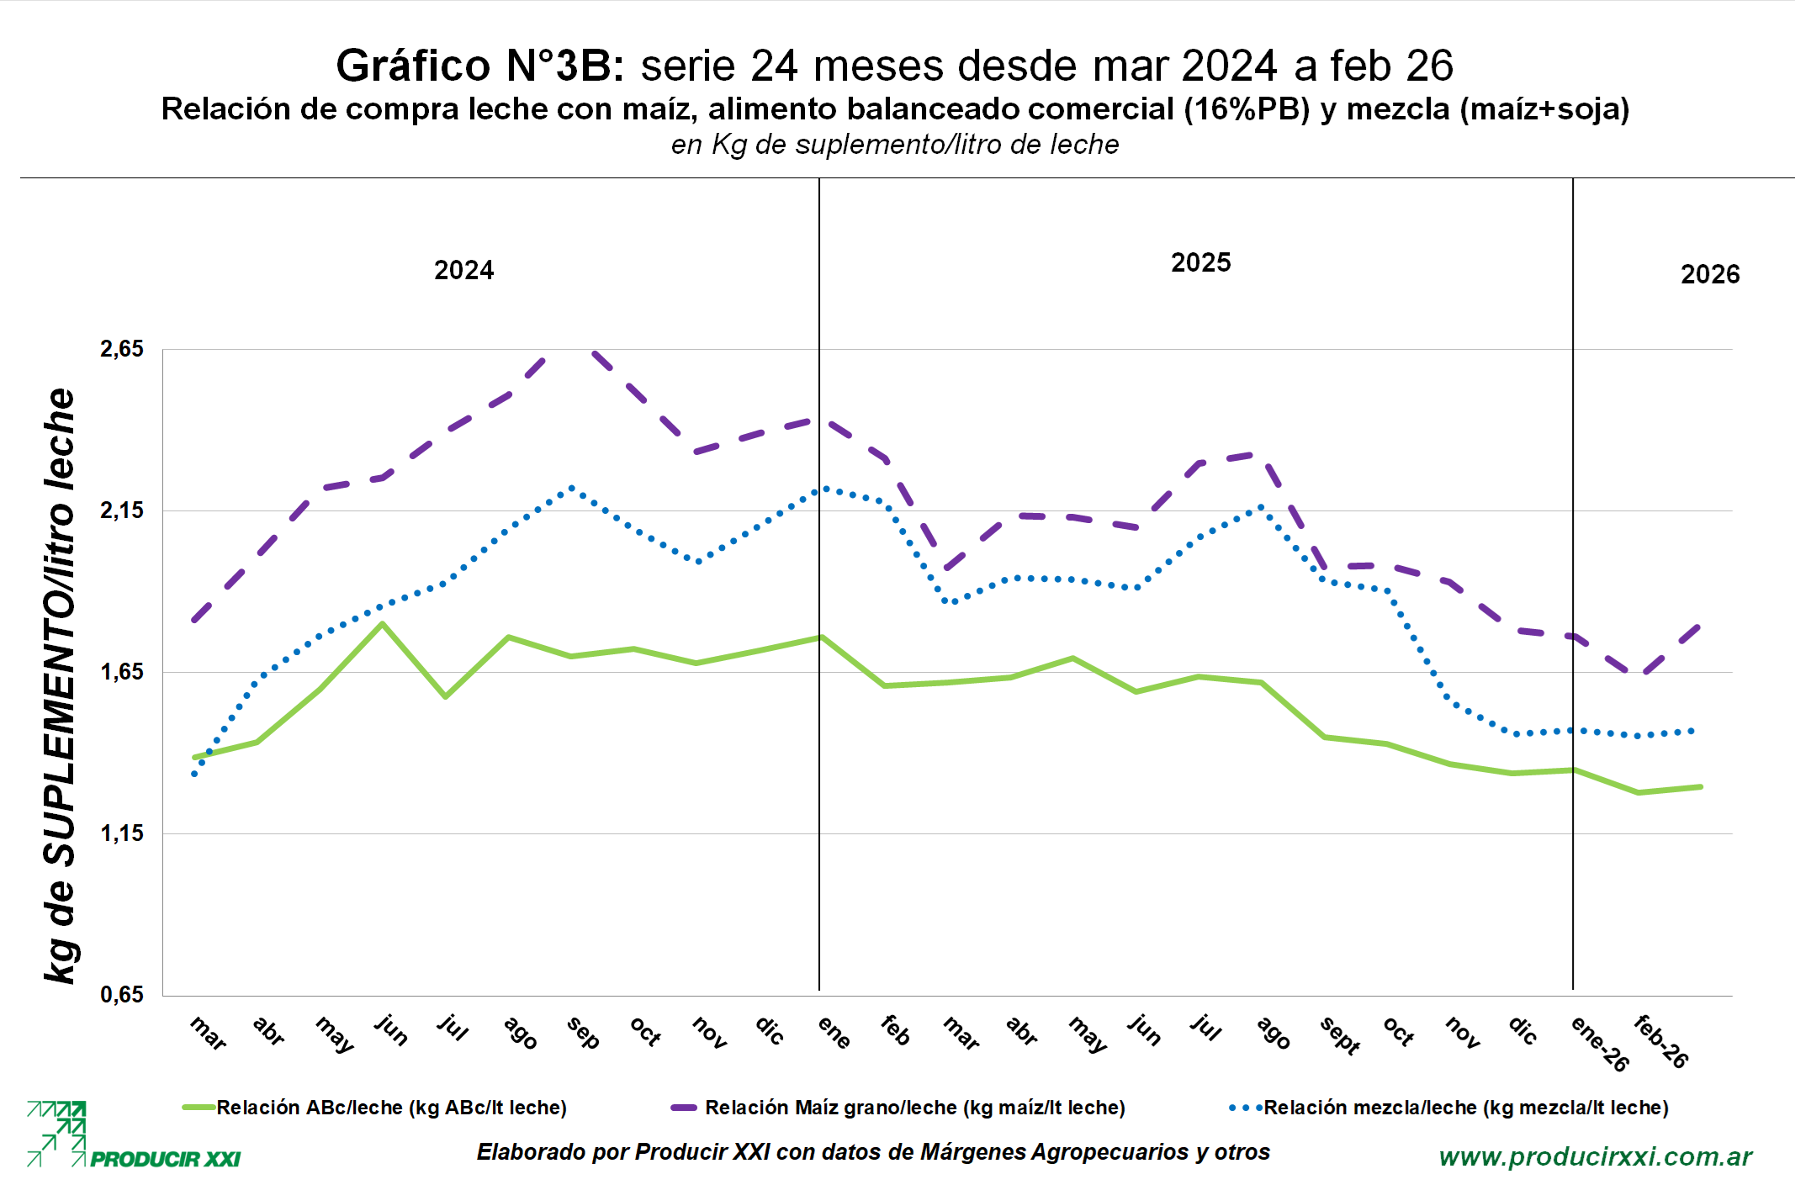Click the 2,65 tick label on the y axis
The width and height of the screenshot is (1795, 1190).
(122, 348)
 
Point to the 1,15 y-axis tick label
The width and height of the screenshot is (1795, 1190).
(122, 833)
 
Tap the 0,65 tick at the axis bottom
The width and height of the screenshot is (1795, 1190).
(122, 994)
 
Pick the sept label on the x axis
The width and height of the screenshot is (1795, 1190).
(1340, 1035)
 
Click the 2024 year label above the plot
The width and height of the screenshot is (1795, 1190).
(463, 270)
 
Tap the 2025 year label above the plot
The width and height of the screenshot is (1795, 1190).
(1200, 262)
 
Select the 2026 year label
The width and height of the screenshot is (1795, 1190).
(1710, 274)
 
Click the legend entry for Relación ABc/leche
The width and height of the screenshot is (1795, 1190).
(391, 1108)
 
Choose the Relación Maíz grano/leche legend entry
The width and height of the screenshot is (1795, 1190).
(914, 1108)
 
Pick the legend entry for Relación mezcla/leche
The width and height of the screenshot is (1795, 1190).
(1465, 1108)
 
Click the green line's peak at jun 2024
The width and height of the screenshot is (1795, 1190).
(382, 624)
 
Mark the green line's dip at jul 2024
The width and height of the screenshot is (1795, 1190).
(445, 696)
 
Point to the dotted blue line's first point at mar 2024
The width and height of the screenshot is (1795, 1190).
(194, 774)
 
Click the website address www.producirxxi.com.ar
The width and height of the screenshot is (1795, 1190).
(1596, 1157)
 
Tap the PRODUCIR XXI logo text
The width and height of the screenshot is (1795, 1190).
(165, 1160)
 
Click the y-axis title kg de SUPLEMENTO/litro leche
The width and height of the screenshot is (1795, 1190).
(60, 685)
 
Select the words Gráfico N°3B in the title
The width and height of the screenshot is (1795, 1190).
(479, 66)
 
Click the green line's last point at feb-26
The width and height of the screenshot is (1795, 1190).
(1701, 786)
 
